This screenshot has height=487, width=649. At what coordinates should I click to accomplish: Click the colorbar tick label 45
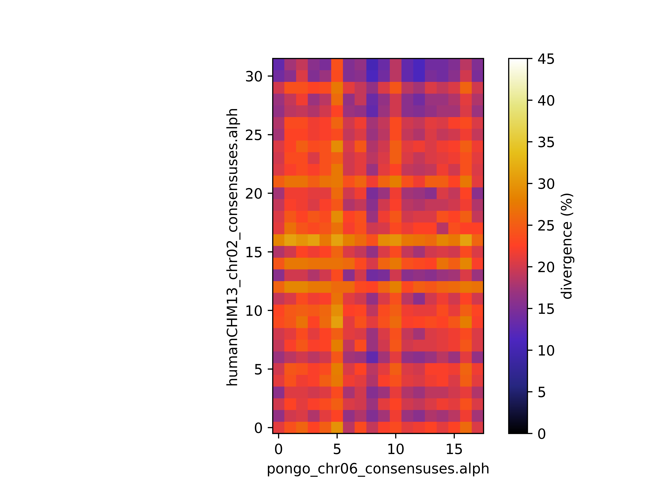tap(546, 59)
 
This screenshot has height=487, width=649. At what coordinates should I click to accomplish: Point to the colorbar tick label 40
tap(546, 101)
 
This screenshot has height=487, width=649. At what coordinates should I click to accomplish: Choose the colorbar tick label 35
tap(546, 142)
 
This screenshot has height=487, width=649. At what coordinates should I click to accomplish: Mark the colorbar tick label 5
tap(542, 392)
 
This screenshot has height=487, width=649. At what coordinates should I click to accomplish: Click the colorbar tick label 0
tap(542, 434)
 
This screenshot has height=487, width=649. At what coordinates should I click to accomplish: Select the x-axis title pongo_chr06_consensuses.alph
tap(378, 469)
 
